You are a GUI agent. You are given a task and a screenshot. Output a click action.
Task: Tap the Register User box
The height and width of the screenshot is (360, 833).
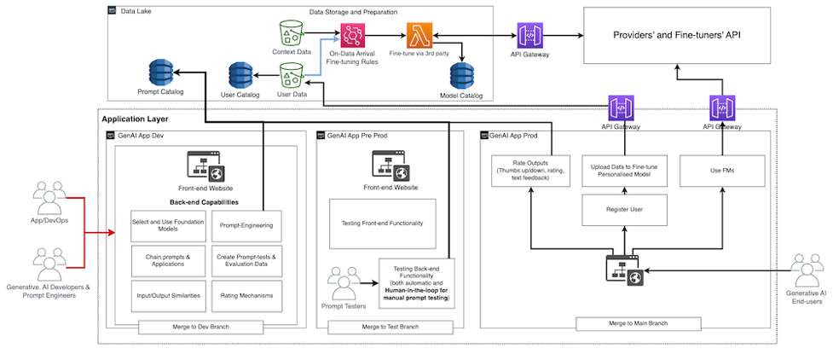click(623, 208)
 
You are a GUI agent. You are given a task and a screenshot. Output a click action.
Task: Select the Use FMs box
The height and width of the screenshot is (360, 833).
click(721, 170)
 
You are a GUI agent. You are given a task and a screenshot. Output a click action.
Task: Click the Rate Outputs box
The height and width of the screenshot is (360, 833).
click(529, 170)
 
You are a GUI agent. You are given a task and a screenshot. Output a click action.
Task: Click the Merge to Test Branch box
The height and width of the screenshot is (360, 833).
click(389, 327)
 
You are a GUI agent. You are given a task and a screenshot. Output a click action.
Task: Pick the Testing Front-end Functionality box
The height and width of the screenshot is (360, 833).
click(383, 224)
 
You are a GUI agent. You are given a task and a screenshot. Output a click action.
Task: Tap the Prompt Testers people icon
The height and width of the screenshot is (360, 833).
click(344, 282)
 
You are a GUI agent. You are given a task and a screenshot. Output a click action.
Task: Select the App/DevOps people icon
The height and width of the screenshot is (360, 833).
click(49, 197)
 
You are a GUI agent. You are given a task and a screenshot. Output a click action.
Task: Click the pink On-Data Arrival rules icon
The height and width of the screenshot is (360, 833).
click(352, 36)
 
